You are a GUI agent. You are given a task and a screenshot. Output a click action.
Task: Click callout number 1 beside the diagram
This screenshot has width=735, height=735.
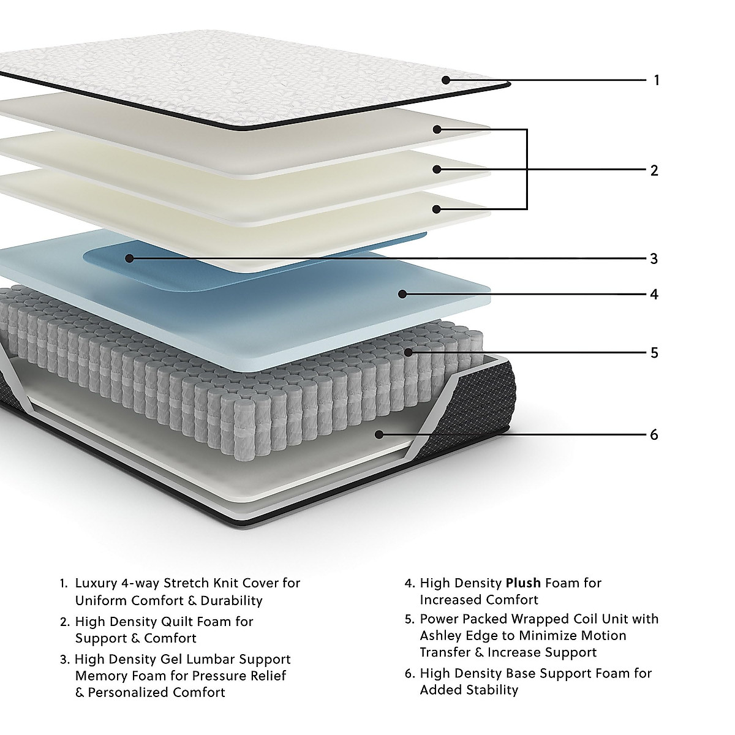click(x=657, y=80)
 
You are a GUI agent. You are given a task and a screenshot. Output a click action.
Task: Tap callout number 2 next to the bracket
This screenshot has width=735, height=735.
click(x=654, y=170)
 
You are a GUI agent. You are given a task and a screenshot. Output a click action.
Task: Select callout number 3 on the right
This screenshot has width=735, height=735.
click(x=654, y=258)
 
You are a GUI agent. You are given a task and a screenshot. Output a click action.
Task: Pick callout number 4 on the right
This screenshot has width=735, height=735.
click(x=654, y=295)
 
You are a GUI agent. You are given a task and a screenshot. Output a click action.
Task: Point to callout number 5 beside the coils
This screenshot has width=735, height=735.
click(x=654, y=353)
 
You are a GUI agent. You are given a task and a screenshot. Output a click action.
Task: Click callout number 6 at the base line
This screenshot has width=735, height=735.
click(x=654, y=435)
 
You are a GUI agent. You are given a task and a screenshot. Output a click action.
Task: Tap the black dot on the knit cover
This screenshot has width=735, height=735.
click(x=446, y=80)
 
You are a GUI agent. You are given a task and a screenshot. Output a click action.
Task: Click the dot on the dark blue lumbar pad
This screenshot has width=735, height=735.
click(x=129, y=258)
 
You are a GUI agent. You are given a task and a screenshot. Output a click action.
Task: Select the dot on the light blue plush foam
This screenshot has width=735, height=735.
click(x=402, y=294)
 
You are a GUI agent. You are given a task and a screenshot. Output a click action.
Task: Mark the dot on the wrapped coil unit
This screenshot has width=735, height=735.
click(x=408, y=352)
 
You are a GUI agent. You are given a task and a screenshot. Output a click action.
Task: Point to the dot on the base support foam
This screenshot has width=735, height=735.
click(x=379, y=434)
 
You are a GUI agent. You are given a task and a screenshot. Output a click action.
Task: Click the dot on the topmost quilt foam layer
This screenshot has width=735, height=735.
click(x=436, y=129)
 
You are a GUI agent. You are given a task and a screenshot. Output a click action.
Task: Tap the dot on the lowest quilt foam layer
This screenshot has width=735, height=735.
click(x=436, y=209)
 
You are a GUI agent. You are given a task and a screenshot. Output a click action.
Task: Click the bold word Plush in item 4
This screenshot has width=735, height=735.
click(x=523, y=583)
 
